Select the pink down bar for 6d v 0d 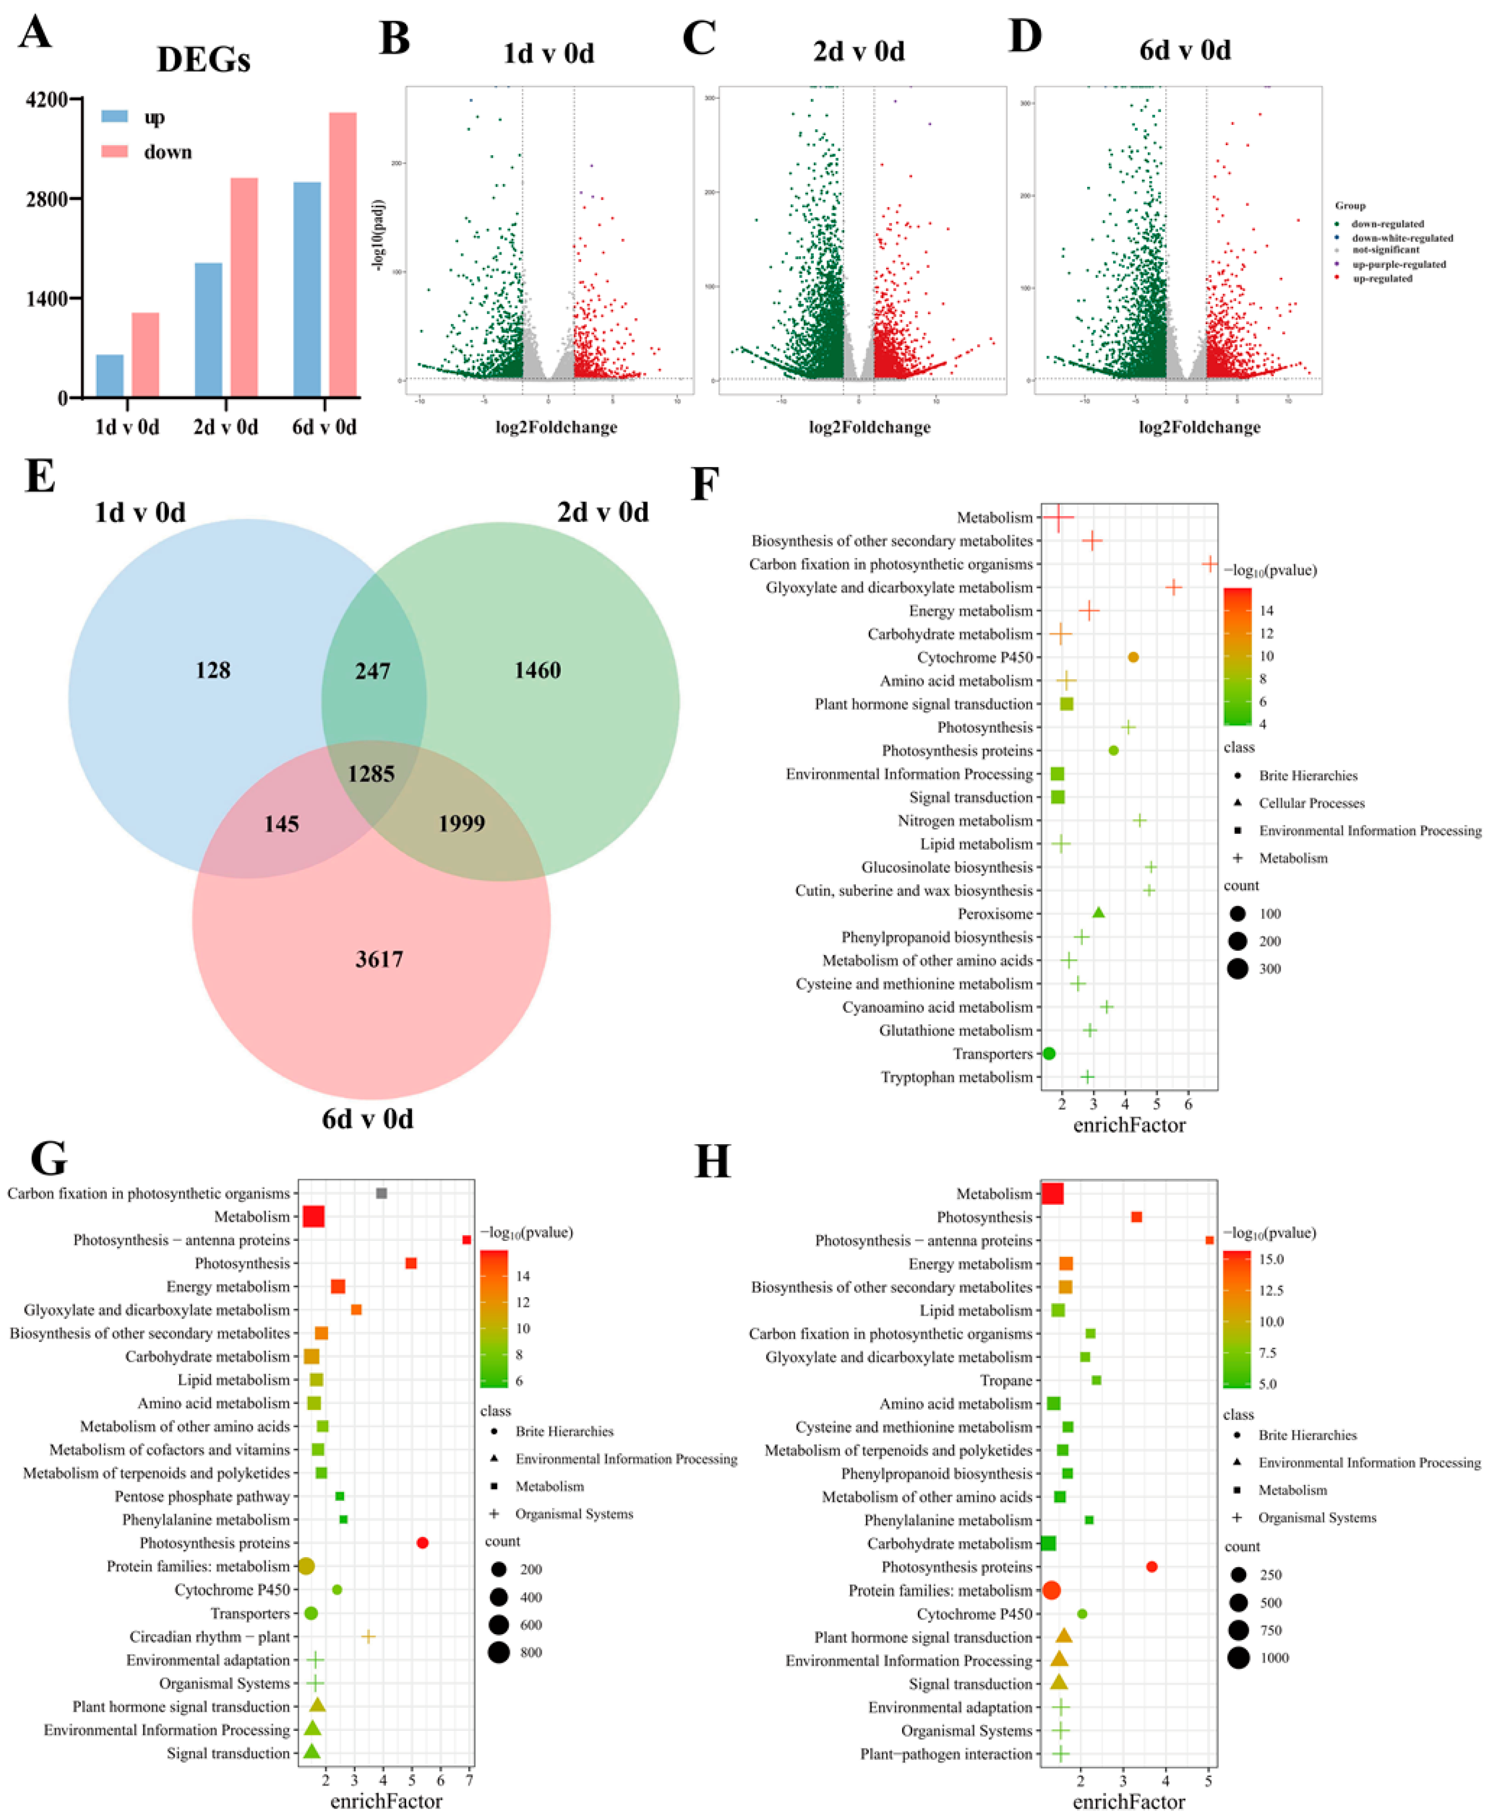(342, 254)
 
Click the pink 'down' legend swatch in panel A (114, 152)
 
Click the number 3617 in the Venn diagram (379, 959)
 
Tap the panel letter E (40, 476)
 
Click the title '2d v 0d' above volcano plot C (859, 52)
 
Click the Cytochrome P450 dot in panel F (1133, 657)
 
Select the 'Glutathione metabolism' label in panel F (955, 1030)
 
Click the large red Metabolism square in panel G (314, 1216)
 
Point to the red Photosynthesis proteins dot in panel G (422, 1543)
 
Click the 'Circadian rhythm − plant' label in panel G (209, 1636)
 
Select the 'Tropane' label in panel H (1006, 1380)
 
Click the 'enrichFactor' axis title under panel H (1129, 1801)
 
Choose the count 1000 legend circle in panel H (1238, 1658)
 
